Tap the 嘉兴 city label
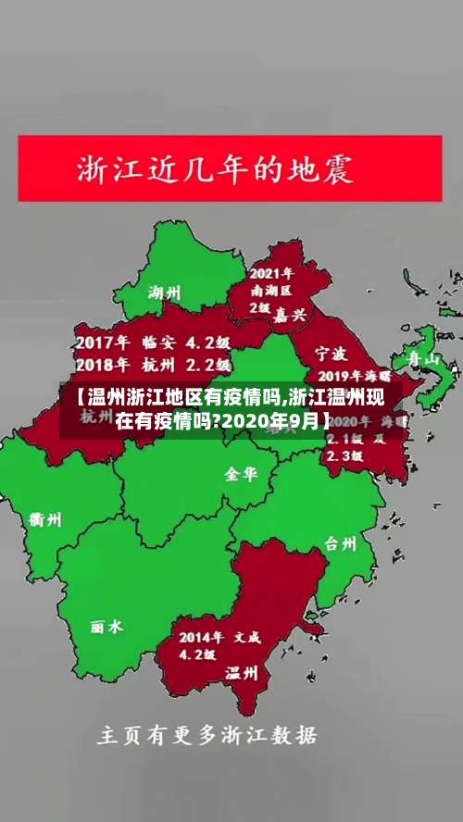289,315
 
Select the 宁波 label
331,353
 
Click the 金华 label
241,474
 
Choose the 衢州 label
44,519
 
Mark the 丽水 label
106,627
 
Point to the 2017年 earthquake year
103,340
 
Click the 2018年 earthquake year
103,364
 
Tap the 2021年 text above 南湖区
272,273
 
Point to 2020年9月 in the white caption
273,422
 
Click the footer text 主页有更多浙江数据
207,737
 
